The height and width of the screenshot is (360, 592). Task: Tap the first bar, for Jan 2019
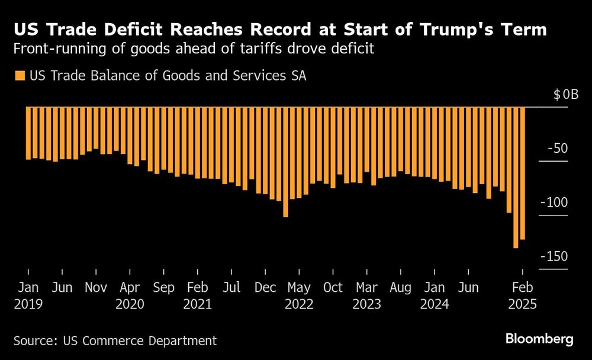pos(28,133)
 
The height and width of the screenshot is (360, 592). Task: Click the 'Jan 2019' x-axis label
pos(28,296)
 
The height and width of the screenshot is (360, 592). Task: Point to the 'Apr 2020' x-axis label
pos(130,296)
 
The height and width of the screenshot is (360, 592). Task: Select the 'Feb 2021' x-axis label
pos(198,296)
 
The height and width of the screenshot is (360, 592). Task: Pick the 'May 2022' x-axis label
pos(298,296)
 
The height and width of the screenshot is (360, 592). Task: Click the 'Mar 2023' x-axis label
pos(366,296)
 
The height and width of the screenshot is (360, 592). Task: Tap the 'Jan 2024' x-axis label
pos(435,296)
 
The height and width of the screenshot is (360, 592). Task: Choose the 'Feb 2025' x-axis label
pos(522,296)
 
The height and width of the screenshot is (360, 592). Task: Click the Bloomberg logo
pos(539,339)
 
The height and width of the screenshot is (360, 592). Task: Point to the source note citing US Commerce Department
pos(115,340)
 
